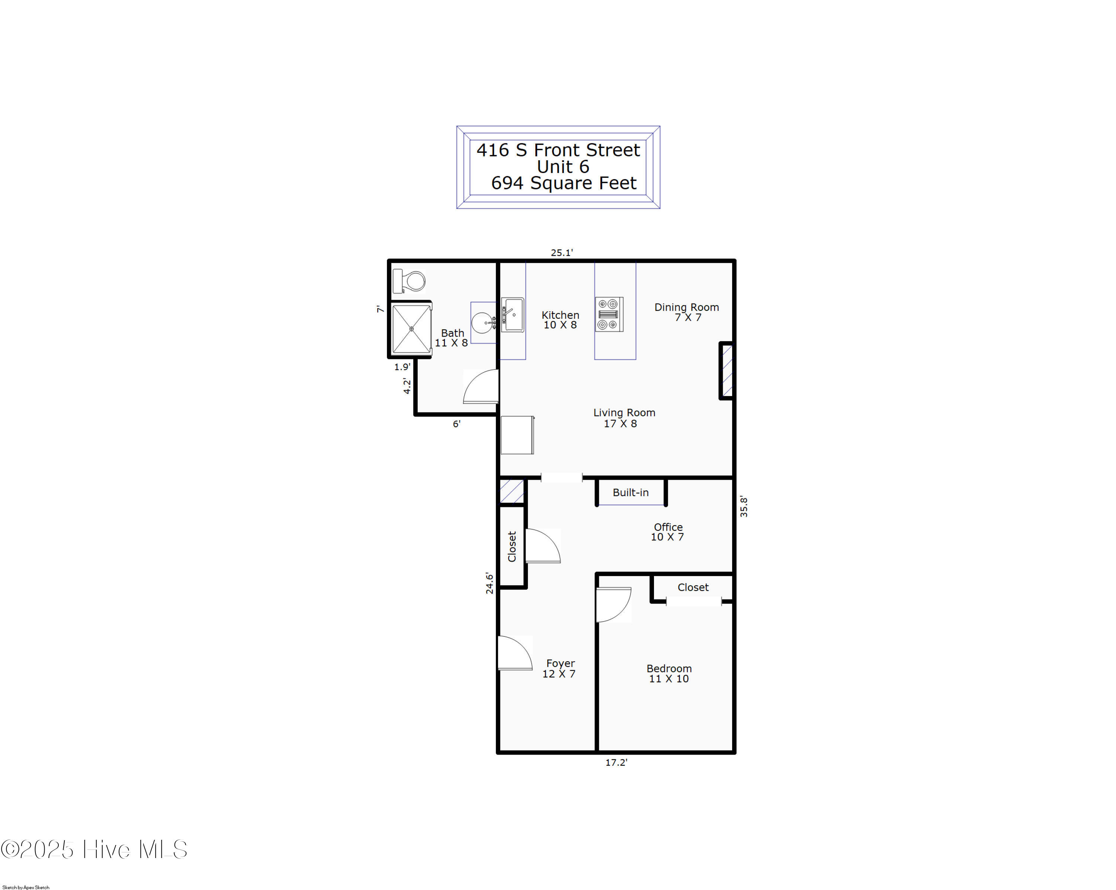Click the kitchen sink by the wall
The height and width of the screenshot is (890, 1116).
(x=513, y=314)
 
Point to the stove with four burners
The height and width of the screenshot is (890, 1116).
(x=609, y=314)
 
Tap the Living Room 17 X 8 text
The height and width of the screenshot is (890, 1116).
(x=624, y=418)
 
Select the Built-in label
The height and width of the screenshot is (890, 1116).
(x=631, y=492)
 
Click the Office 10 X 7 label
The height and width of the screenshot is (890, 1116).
(x=668, y=532)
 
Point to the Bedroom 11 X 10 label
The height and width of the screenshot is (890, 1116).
(x=669, y=673)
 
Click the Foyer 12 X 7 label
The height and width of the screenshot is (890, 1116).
(x=559, y=668)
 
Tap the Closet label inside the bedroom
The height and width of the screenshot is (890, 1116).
(x=693, y=587)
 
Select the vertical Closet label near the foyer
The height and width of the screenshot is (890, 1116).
(x=512, y=546)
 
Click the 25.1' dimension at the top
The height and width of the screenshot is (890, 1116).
(x=562, y=253)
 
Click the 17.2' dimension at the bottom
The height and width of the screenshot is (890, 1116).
(x=616, y=762)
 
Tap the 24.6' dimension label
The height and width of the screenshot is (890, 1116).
(x=490, y=583)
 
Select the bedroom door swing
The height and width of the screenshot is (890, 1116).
(x=614, y=604)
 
